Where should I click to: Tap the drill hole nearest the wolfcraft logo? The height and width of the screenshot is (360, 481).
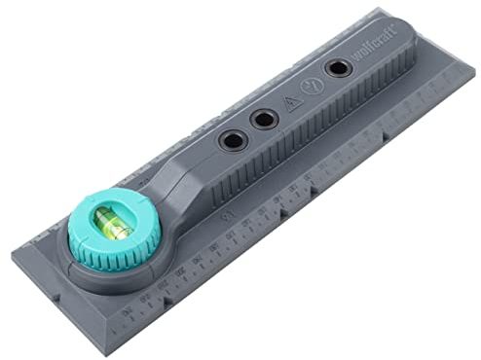(x=338, y=68)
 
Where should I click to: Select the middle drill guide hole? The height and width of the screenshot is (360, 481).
(x=263, y=120)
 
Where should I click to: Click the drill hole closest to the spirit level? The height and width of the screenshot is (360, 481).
(x=231, y=140)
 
